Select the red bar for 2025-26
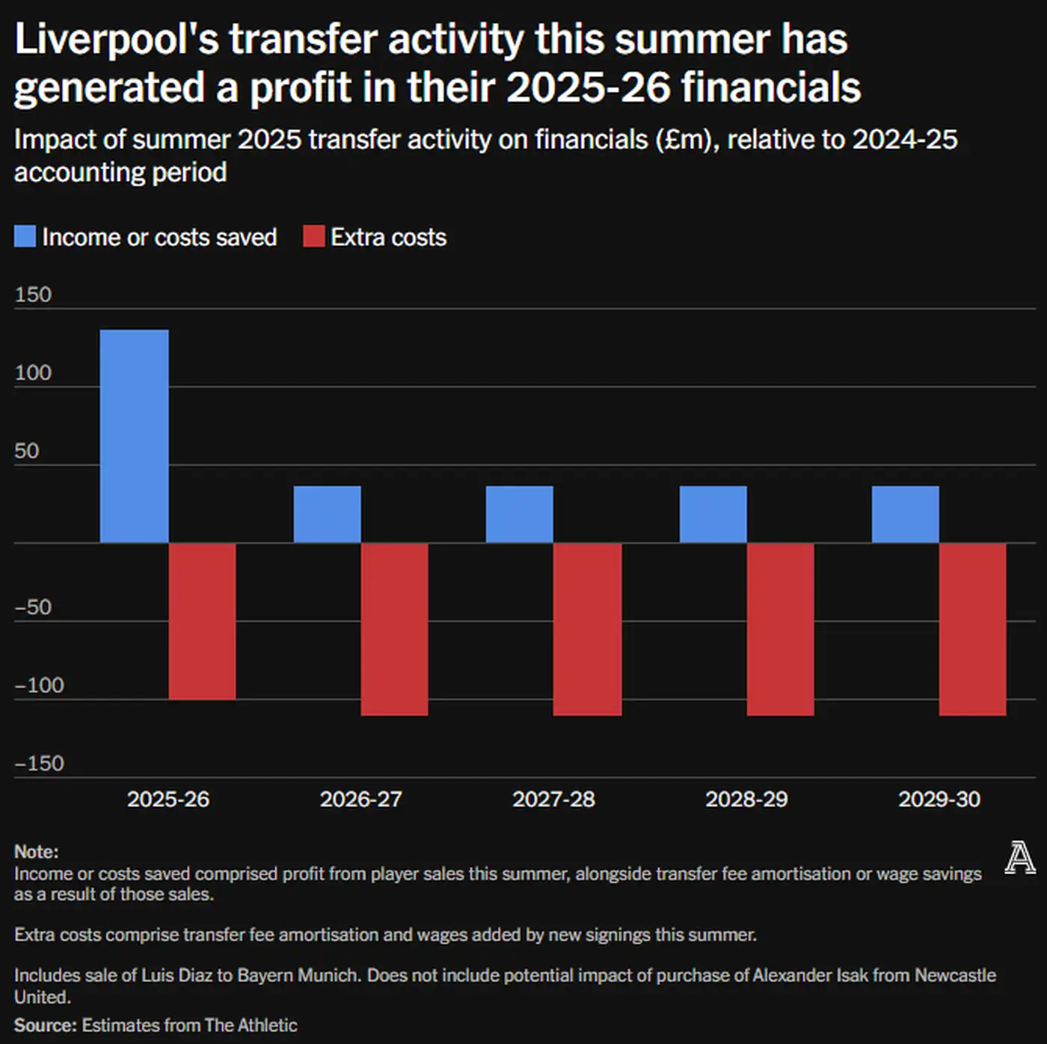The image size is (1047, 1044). pyautogui.click(x=202, y=621)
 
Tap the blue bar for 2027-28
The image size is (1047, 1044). pyautogui.click(x=519, y=514)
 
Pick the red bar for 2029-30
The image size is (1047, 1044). pyautogui.click(x=972, y=629)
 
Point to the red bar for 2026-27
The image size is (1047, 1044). pyautogui.click(x=394, y=629)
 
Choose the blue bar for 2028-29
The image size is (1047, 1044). pyautogui.click(x=713, y=514)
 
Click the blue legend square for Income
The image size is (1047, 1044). pyautogui.click(x=25, y=236)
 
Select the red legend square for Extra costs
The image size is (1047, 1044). pyautogui.click(x=313, y=236)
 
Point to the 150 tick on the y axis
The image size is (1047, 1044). pyautogui.click(x=33, y=295)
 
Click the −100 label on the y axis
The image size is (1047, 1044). pyautogui.click(x=39, y=685)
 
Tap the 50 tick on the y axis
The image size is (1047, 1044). pyautogui.click(x=26, y=451)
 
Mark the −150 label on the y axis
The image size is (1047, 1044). pyautogui.click(x=39, y=764)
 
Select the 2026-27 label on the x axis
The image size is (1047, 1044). pyautogui.click(x=360, y=799)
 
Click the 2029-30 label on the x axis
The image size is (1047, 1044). pyautogui.click(x=939, y=799)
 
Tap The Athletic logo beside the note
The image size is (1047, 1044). pyautogui.click(x=1019, y=858)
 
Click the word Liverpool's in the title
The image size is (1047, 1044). pyautogui.click(x=116, y=39)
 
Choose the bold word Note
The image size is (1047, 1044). pyautogui.click(x=35, y=852)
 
